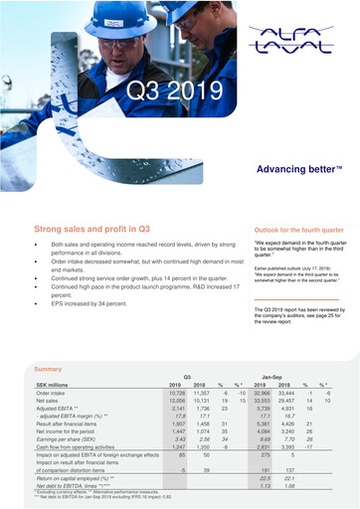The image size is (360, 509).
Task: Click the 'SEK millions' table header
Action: pos(56,385)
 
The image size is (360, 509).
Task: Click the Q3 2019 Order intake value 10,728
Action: pos(174,394)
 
